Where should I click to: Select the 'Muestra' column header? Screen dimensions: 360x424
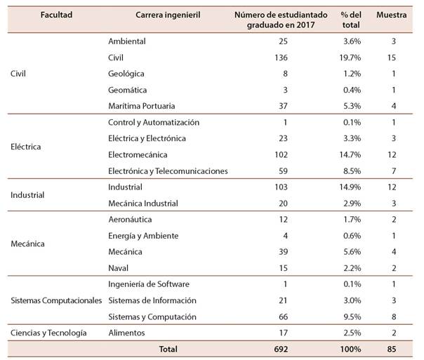pyautogui.click(x=392, y=15)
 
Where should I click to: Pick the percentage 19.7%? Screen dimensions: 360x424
pyautogui.click(x=349, y=58)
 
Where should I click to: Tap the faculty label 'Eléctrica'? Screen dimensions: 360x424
pyautogui.click(x=26, y=147)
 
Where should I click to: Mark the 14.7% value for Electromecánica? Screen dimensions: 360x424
pyautogui.click(x=349, y=154)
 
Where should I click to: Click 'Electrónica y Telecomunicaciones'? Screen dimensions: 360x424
pyautogui.click(x=168, y=171)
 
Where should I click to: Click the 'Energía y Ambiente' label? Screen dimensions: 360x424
pyautogui.click(x=143, y=236)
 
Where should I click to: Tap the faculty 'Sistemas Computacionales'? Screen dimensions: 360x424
pyautogui.click(x=56, y=300)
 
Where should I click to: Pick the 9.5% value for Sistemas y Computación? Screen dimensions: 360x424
pyautogui.click(x=352, y=316)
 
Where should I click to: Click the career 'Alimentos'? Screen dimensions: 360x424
pyautogui.click(x=126, y=333)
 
